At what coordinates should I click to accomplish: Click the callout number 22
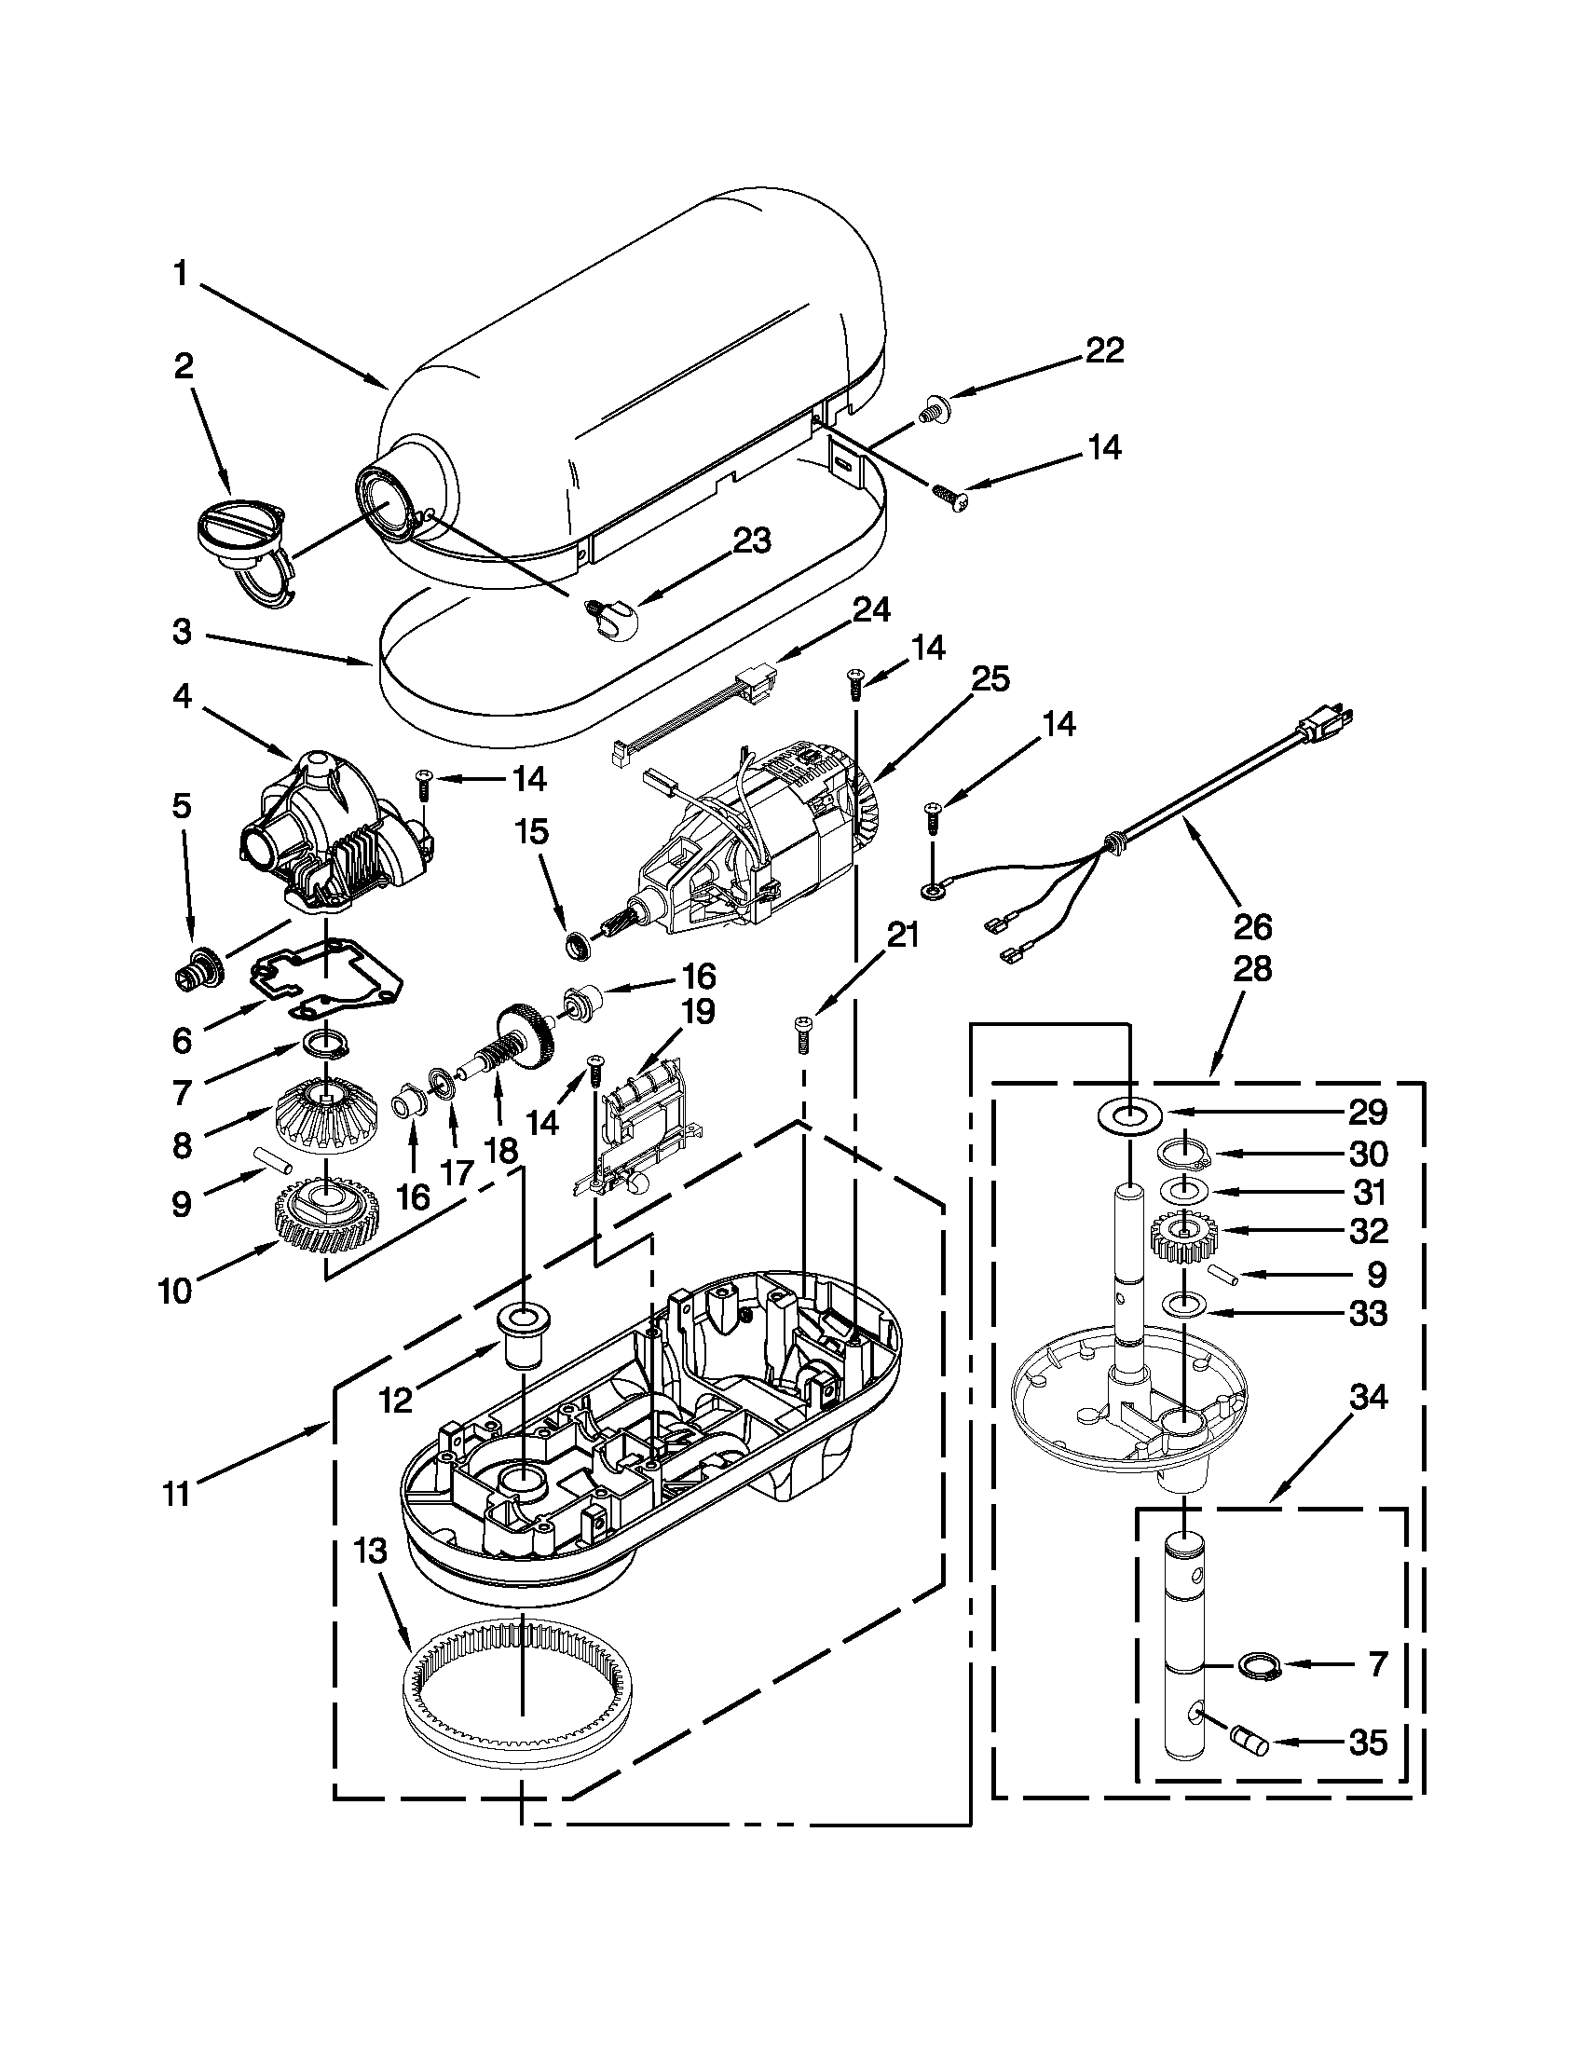pos(1104,350)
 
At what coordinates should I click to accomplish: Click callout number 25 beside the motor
pos(990,679)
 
